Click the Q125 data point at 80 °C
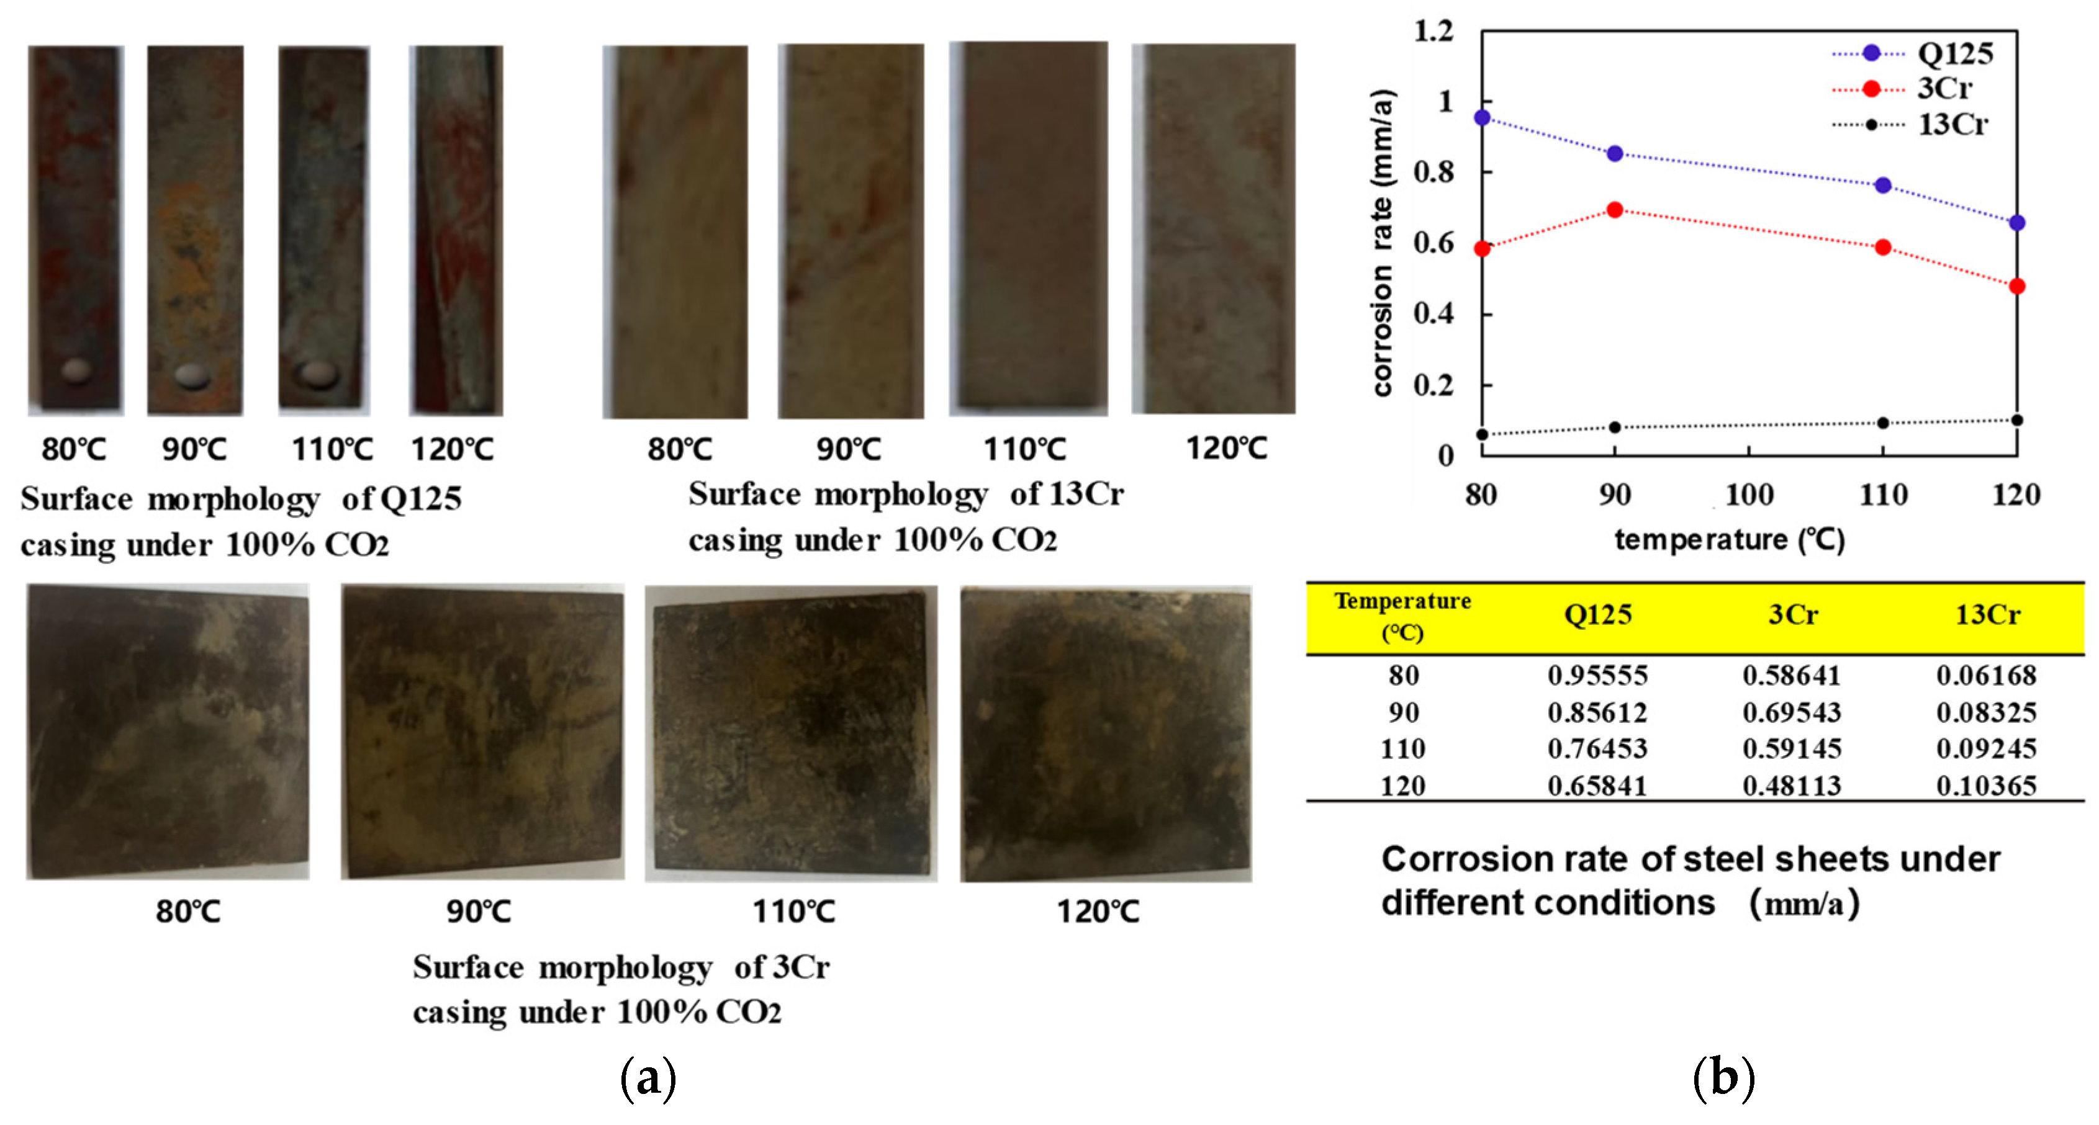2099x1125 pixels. [x=1482, y=118]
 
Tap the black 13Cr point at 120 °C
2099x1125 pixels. [x=2016, y=420]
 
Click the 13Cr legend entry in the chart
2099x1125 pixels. [x=1952, y=125]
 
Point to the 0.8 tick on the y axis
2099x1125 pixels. [x=1434, y=172]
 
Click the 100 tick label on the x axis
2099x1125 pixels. [x=1749, y=495]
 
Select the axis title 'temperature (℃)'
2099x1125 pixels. [x=1729, y=539]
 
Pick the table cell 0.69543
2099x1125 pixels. [x=1792, y=713]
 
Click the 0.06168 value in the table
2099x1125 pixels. [x=1987, y=675]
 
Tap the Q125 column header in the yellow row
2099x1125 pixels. [x=1598, y=615]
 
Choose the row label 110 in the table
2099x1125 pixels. [x=1402, y=748]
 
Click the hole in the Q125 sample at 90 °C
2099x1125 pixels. [x=194, y=374]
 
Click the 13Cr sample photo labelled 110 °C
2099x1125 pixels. [x=1028, y=228]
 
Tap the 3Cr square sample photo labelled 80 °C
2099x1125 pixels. [x=168, y=731]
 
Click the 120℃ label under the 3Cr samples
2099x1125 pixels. [x=1098, y=911]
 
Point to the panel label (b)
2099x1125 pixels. [x=1723, y=1078]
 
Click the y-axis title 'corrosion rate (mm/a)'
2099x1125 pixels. [x=1383, y=243]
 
